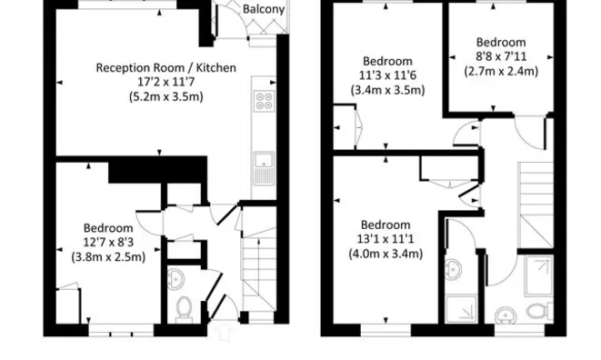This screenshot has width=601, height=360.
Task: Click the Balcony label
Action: (264, 10)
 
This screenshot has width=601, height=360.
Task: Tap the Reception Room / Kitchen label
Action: (166, 67)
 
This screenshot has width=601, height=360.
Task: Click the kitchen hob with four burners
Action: (265, 102)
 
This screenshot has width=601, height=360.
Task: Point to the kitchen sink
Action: (265, 163)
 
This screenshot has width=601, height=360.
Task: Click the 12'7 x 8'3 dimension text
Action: (108, 242)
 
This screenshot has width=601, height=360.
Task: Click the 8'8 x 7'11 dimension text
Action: (501, 55)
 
